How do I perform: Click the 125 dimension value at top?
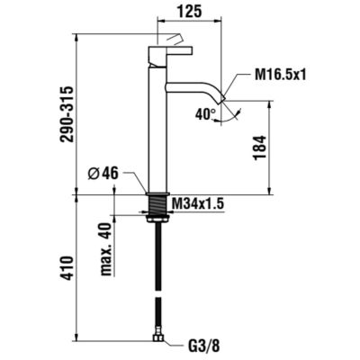[x=189, y=12]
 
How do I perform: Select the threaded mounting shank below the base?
[x=159, y=204]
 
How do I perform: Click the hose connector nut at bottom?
[x=158, y=339]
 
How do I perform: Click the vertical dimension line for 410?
[x=74, y=269]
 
